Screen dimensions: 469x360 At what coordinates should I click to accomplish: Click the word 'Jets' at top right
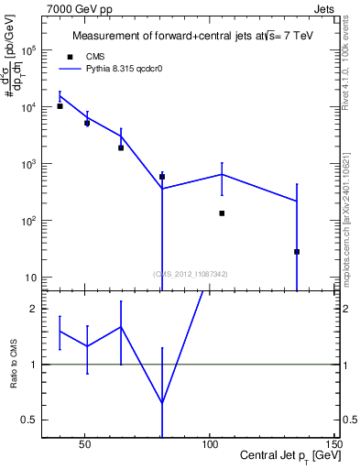pos(322,7)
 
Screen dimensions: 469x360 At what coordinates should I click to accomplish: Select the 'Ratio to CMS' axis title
pos(15,364)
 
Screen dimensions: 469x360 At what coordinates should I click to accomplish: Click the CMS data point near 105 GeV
pos(222,213)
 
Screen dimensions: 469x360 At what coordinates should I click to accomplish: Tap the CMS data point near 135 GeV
pos(297,252)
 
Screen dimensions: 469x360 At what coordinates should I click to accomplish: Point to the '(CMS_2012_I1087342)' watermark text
pos(191,273)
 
